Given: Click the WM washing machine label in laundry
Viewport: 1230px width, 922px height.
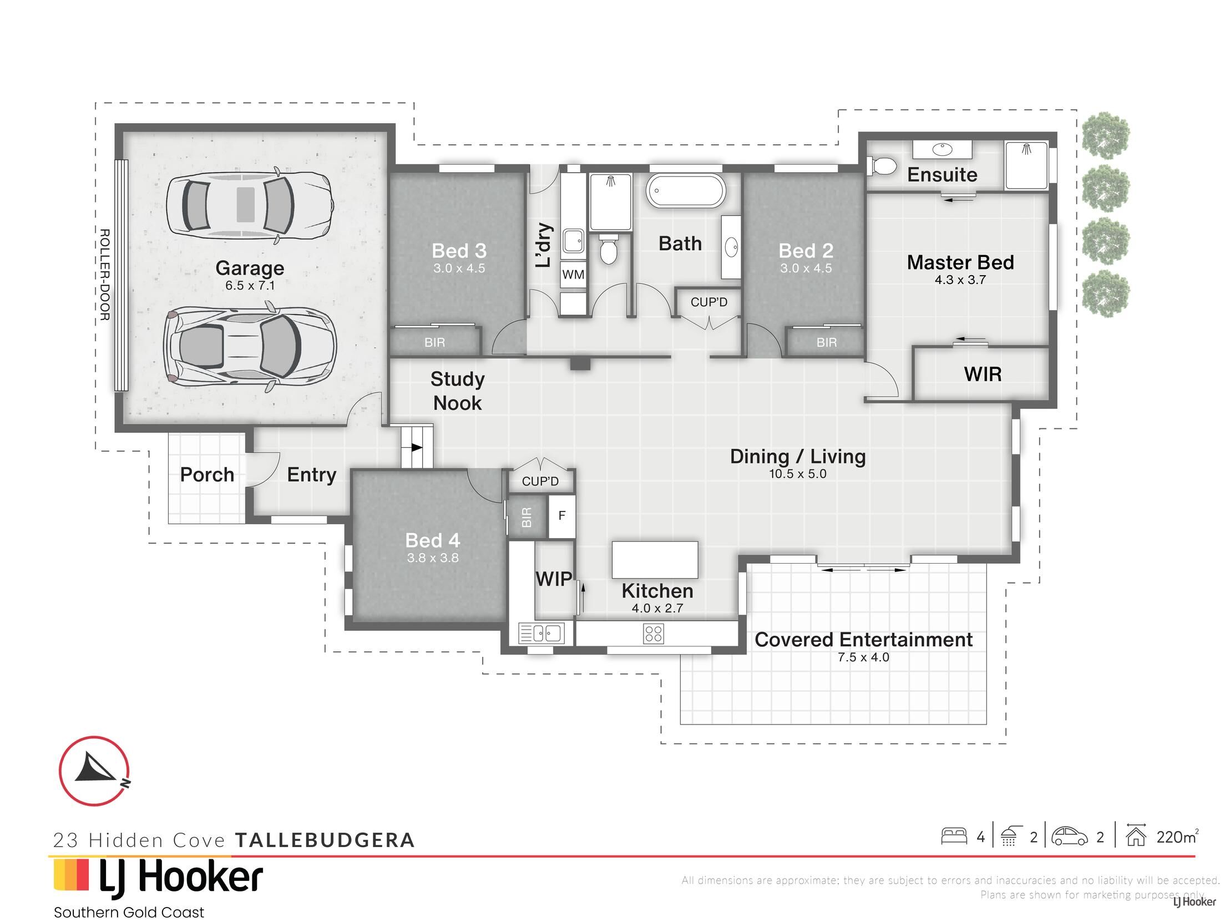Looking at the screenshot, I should click(573, 274).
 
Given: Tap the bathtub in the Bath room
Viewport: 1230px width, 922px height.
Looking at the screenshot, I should click(685, 191).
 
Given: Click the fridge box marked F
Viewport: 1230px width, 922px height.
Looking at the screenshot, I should click(561, 515).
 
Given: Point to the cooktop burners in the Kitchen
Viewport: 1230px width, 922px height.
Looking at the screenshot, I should click(654, 634).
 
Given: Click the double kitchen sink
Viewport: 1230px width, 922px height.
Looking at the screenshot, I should click(541, 633).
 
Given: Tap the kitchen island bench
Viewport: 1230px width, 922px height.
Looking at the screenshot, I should click(655, 560).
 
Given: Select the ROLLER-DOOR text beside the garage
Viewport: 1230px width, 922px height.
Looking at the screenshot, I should click(104, 274).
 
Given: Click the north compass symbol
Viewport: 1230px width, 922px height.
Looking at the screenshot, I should click(94, 771).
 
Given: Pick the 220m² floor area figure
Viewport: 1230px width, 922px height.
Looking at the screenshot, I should click(1177, 837).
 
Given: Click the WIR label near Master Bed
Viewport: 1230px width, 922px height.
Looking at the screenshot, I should click(983, 374).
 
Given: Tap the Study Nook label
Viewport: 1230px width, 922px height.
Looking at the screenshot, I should click(457, 391).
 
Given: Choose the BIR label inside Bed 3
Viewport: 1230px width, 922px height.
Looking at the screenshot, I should click(434, 342).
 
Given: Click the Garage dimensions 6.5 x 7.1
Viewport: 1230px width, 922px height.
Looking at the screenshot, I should click(250, 286).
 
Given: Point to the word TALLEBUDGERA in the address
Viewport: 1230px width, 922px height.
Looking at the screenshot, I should click(325, 840).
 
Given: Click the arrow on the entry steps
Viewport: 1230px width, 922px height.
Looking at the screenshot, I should click(417, 447).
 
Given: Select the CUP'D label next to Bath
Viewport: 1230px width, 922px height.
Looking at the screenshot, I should click(708, 302).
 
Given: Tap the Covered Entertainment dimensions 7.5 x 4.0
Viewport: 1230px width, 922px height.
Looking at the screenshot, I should click(863, 657).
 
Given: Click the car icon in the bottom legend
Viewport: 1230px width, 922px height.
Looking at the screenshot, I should click(1069, 837).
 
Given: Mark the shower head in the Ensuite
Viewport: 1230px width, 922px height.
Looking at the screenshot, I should click(1026, 149).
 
